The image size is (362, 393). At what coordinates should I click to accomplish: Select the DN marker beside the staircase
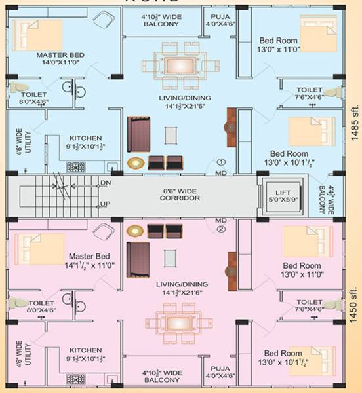click(x=105, y=183)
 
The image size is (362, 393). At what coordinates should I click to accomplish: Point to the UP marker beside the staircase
click(x=105, y=204)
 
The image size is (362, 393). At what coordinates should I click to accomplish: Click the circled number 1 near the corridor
click(x=221, y=162)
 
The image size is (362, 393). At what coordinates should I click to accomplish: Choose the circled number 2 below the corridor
click(x=221, y=230)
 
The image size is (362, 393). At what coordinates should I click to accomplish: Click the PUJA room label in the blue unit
click(x=220, y=20)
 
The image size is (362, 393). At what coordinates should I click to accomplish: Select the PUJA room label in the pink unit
click(x=220, y=372)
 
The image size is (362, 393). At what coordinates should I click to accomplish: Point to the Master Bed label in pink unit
click(x=92, y=261)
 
